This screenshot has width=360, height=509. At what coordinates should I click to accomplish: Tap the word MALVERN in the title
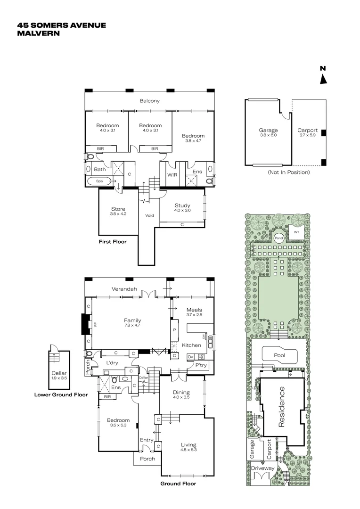point(39,33)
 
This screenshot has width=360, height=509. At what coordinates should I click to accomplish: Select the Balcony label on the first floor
point(150,100)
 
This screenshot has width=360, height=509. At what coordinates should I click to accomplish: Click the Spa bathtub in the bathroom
point(100,181)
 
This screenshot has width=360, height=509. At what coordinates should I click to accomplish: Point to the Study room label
point(182,205)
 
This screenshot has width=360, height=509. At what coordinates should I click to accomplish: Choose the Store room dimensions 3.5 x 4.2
point(118,214)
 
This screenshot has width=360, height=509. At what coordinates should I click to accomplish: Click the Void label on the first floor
point(149,215)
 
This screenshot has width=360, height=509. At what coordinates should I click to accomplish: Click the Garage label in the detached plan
point(268,131)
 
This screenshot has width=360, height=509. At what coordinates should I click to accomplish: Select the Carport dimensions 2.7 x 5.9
point(307,135)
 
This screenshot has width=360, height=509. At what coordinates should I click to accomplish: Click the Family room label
point(132,320)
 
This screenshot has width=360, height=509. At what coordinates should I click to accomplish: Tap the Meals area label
point(194,310)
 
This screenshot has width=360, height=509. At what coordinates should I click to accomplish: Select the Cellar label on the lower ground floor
point(58,373)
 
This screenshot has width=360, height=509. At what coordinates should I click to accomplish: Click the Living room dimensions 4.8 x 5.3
point(188,450)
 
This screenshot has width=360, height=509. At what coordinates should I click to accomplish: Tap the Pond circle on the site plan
point(278,238)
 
